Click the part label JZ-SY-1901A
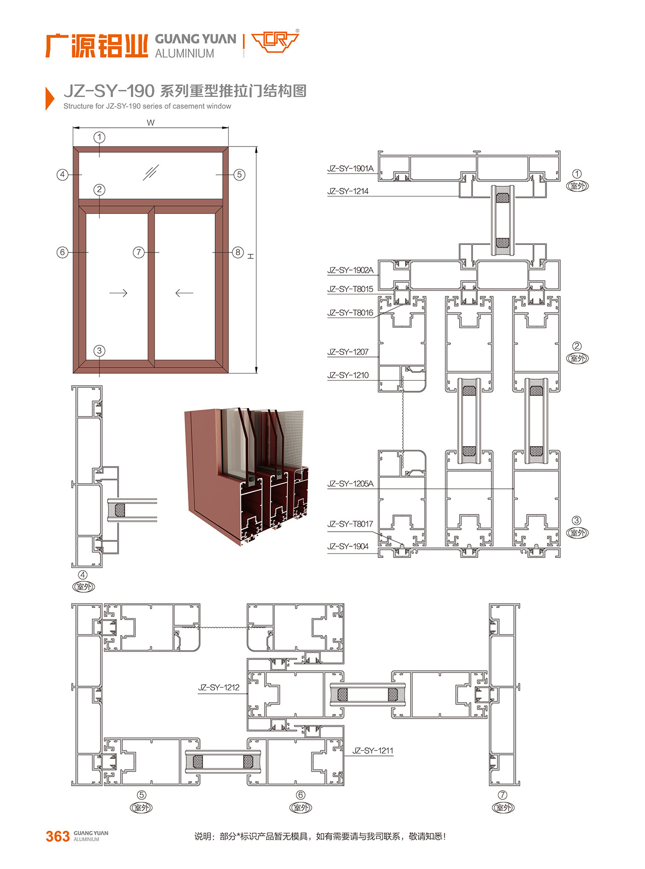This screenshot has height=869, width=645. coord(350,169)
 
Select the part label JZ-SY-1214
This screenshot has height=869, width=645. coord(348,191)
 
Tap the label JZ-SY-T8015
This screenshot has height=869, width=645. coord(350,289)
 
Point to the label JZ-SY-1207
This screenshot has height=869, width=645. coord(348,352)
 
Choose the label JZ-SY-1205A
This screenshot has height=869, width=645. coord(350,484)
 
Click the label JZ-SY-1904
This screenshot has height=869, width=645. coord(348,546)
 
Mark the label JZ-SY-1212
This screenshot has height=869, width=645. coord(219,687)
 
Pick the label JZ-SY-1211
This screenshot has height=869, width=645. coord(373,751)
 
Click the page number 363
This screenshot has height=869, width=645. coord(58,837)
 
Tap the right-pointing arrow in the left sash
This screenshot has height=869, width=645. coord(118,293)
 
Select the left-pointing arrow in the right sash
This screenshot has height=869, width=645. coord(184,293)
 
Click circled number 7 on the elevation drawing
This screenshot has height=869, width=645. coord(138,252)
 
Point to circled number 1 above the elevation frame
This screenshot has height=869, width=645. coord(100,137)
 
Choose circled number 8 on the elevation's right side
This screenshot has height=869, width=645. coord(238,252)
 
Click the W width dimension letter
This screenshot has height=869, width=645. coord(151,123)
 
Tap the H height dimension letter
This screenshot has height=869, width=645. coord(251,257)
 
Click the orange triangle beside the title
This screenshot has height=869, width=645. coord(49,98)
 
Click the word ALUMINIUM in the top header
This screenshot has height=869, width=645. coord(184,54)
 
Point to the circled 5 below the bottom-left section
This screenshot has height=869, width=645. coord(141,795)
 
